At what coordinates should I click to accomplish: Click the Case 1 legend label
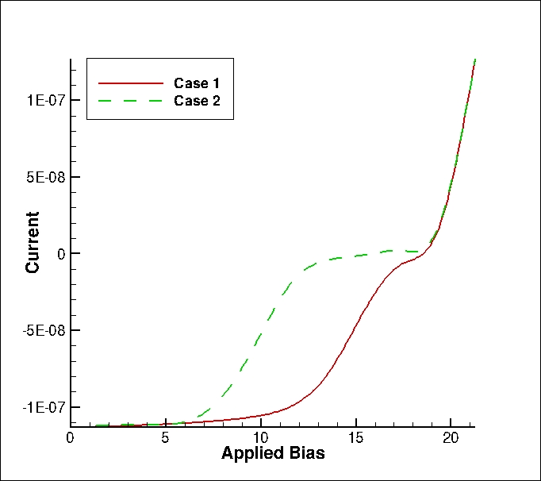click(196, 83)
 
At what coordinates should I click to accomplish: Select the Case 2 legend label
click(197, 101)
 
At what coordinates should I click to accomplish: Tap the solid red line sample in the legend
click(131, 83)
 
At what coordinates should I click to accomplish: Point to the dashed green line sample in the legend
click(131, 101)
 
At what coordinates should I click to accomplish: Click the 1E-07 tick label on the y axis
click(46, 100)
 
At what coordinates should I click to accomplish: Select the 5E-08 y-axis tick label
click(46, 177)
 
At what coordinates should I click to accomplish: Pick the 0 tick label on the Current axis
click(61, 254)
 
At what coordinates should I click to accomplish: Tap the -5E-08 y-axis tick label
click(44, 331)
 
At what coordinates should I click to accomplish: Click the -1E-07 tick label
click(44, 408)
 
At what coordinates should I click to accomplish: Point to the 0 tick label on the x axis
click(70, 438)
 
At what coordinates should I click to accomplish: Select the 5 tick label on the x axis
click(165, 438)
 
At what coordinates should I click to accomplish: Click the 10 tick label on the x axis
click(261, 438)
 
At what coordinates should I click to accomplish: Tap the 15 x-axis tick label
click(355, 438)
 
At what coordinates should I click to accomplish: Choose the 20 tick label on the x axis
click(451, 438)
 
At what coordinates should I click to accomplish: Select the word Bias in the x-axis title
click(308, 452)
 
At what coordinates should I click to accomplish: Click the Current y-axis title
click(32, 243)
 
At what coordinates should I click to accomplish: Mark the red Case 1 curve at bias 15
click(355, 325)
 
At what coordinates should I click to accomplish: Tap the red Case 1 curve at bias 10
click(261, 416)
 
